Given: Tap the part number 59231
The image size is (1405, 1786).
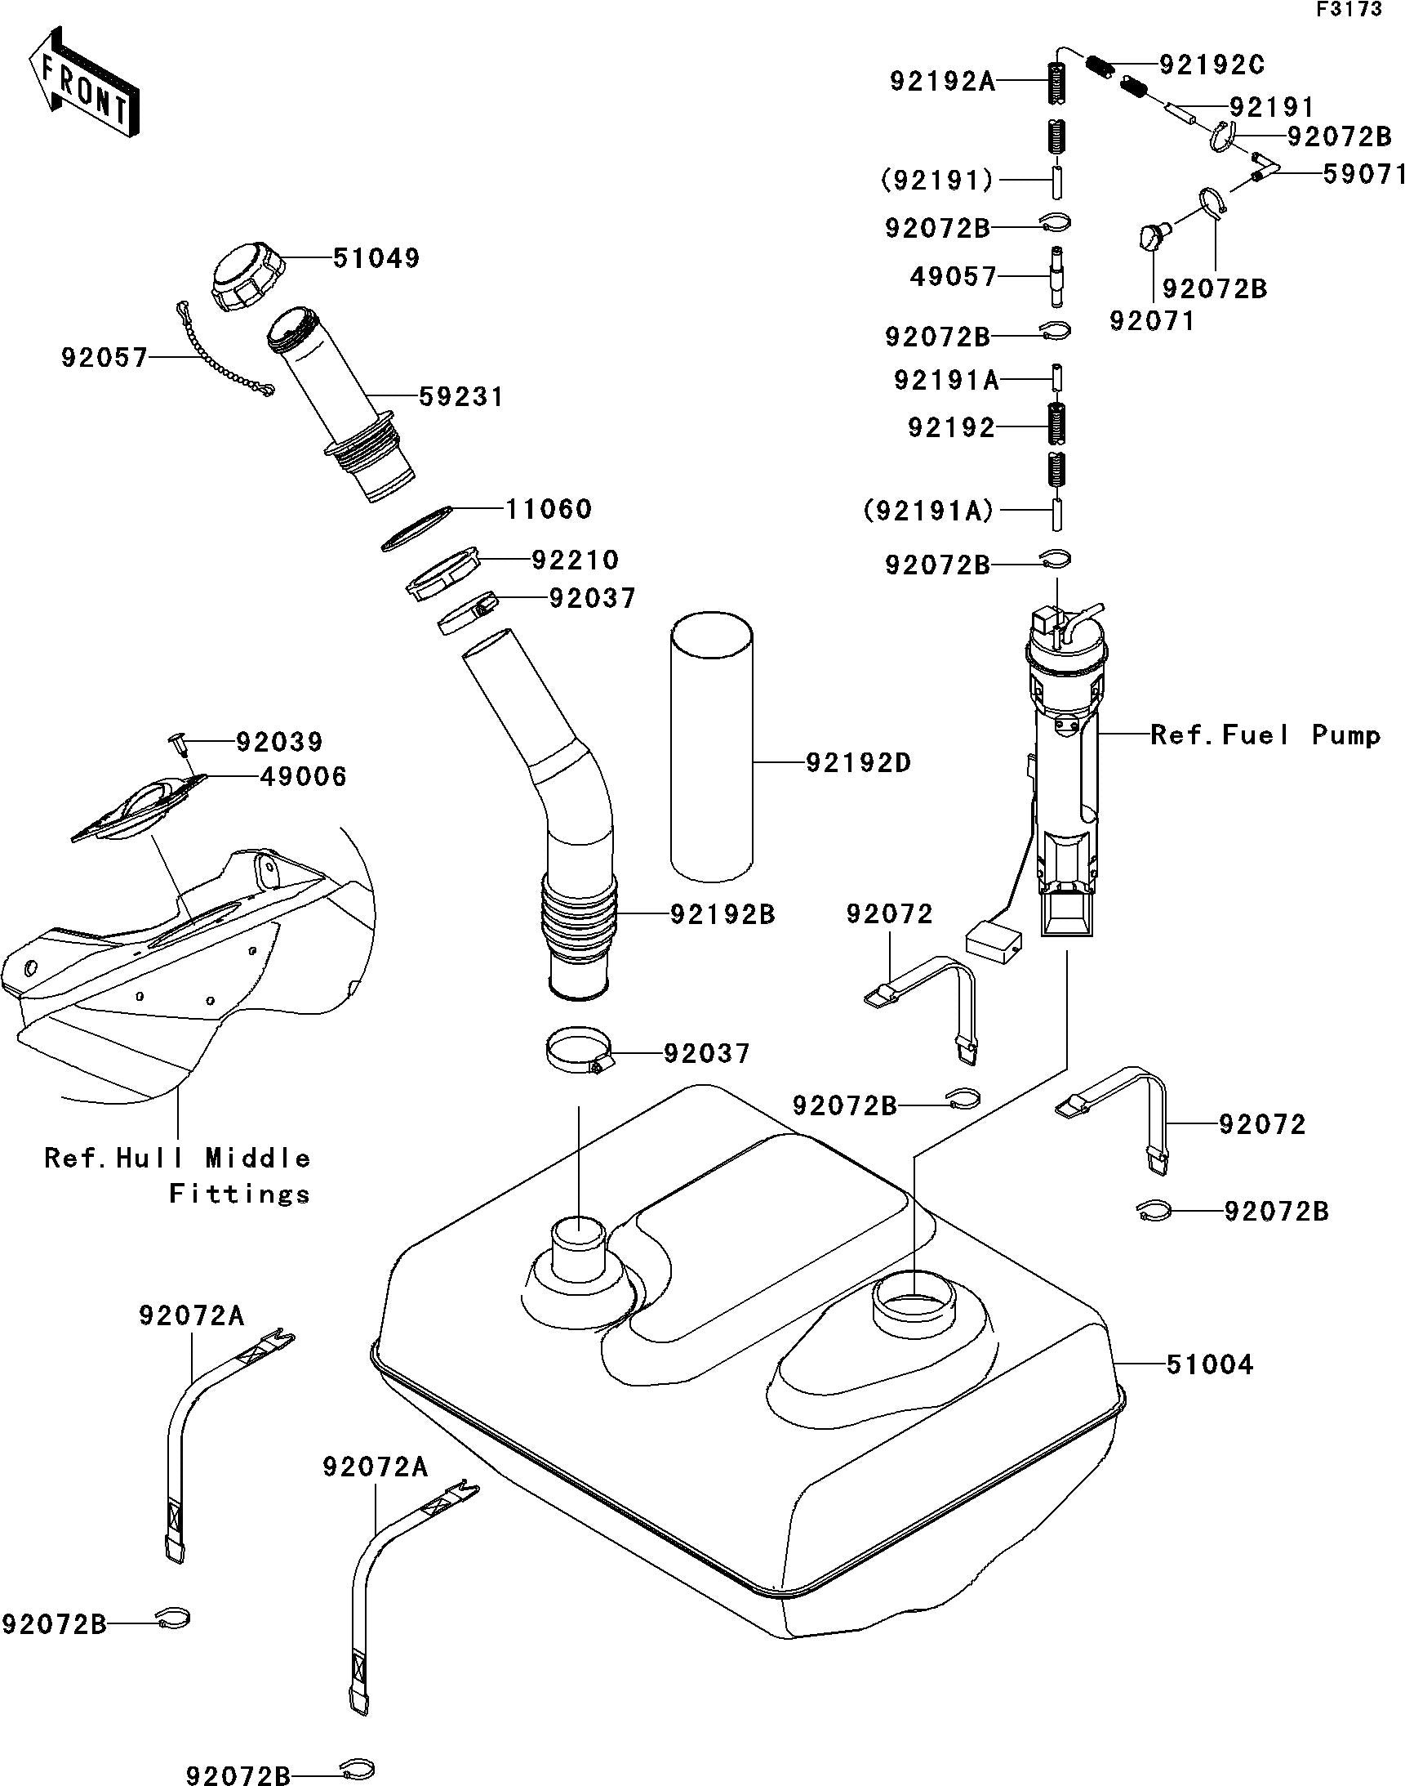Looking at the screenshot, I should coord(460,397).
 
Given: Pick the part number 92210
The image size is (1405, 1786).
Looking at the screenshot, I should coord(575,560).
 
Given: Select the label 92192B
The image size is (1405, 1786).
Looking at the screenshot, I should coord(723,914).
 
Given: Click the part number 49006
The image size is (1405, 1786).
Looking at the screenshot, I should coord(304,776).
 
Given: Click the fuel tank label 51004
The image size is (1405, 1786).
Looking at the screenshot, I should coord(1209,1365).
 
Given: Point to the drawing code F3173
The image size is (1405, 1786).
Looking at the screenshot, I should coord(1349,11).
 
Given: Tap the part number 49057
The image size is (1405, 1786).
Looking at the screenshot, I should coord(954,276).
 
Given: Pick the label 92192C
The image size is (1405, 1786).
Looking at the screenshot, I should coord(1212,65).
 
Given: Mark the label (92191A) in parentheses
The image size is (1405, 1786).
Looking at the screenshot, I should coord(929,511).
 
